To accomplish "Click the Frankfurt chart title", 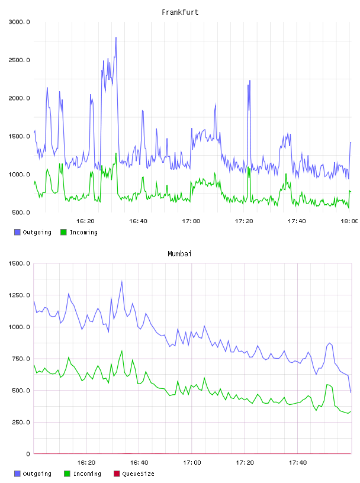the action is pos(180,12).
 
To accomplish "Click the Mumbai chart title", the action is pos(179,254).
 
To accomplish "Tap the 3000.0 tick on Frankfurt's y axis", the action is pos(19,22).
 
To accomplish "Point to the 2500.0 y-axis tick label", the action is pos(19,60).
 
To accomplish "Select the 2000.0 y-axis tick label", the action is pos(19,98).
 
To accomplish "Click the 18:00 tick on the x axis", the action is pos(349,221).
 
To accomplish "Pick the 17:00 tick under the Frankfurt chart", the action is pos(191,221).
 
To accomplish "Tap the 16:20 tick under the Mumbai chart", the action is pos(86,462).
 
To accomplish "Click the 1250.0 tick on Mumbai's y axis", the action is pos(19,295).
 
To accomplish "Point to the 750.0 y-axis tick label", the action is pos(21,359).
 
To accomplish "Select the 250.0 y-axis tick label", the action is pos(21,422).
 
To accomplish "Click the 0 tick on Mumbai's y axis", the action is pos(28,454).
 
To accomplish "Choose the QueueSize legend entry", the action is pos(134,474).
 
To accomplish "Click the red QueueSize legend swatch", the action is pos(117,474).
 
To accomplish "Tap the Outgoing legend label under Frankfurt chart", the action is pos(37,232).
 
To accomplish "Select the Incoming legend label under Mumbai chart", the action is pos(87,474).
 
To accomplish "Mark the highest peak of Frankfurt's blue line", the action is pos(116,37).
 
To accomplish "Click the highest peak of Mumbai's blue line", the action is pos(122,281).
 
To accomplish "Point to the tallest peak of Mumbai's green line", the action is pos(122,350).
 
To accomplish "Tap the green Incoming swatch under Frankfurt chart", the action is pos(63,232).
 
